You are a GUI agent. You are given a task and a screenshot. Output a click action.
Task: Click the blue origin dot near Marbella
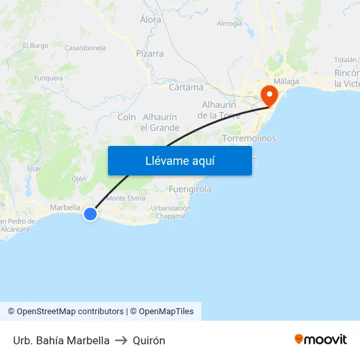pos(90,213)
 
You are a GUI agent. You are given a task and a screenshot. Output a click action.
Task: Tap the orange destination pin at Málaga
pos(269,96)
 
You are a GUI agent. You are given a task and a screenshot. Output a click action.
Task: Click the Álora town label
pos(151,20)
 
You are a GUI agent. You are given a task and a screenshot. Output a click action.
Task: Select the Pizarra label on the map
pos(150,54)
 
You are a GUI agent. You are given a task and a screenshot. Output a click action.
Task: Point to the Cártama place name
pos(186,87)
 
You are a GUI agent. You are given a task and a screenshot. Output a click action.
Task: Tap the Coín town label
pos(126,117)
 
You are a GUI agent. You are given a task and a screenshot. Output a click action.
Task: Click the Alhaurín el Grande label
pos(160,122)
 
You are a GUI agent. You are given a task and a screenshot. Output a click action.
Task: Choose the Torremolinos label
pos(249,139)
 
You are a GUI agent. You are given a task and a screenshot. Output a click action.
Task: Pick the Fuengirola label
pos(190,189)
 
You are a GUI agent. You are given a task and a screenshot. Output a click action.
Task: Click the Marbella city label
pos(65,207)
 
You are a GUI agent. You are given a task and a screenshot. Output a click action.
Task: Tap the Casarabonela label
pos(85,48)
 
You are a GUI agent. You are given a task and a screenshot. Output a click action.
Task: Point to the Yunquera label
pos(48,78)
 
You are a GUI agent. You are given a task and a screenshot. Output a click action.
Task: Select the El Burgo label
pos(35,46)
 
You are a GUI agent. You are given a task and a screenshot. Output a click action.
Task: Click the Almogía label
pos(229,24)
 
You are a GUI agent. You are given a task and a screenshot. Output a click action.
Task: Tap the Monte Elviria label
pos(126,198)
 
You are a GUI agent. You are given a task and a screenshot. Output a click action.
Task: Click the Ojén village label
pos(79,179)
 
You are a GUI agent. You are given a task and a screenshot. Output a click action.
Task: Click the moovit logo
pos(321,340)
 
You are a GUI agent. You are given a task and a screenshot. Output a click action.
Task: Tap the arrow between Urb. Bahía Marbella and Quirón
pos(121,340)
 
